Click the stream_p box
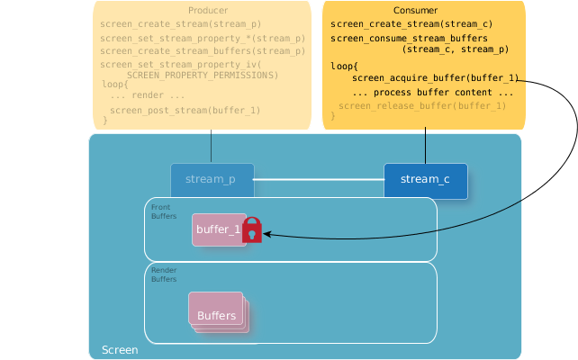pos(212,179)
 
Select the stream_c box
pos(425,179)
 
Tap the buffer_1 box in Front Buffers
pos(218,229)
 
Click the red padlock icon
pos(252,230)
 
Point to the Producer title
pos(209,10)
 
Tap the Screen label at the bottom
pos(120,349)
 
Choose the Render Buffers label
pos(164,274)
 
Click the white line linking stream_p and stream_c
pos(319,180)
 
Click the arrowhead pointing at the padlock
pos(267,235)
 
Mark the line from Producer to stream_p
pos(212,148)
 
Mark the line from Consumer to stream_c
pos(425,146)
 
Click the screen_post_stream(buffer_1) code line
pos(185,110)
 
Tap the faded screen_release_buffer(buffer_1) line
pos(421,106)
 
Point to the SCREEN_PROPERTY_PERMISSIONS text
pos(202,75)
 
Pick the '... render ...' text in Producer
pos(147,95)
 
